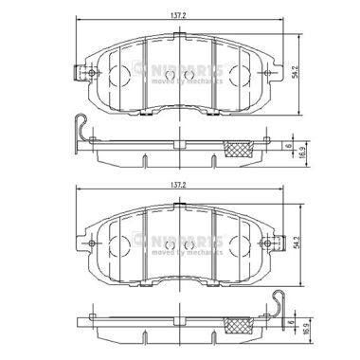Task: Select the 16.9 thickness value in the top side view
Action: tap(300, 151)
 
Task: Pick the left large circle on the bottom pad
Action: tap(124, 250)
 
